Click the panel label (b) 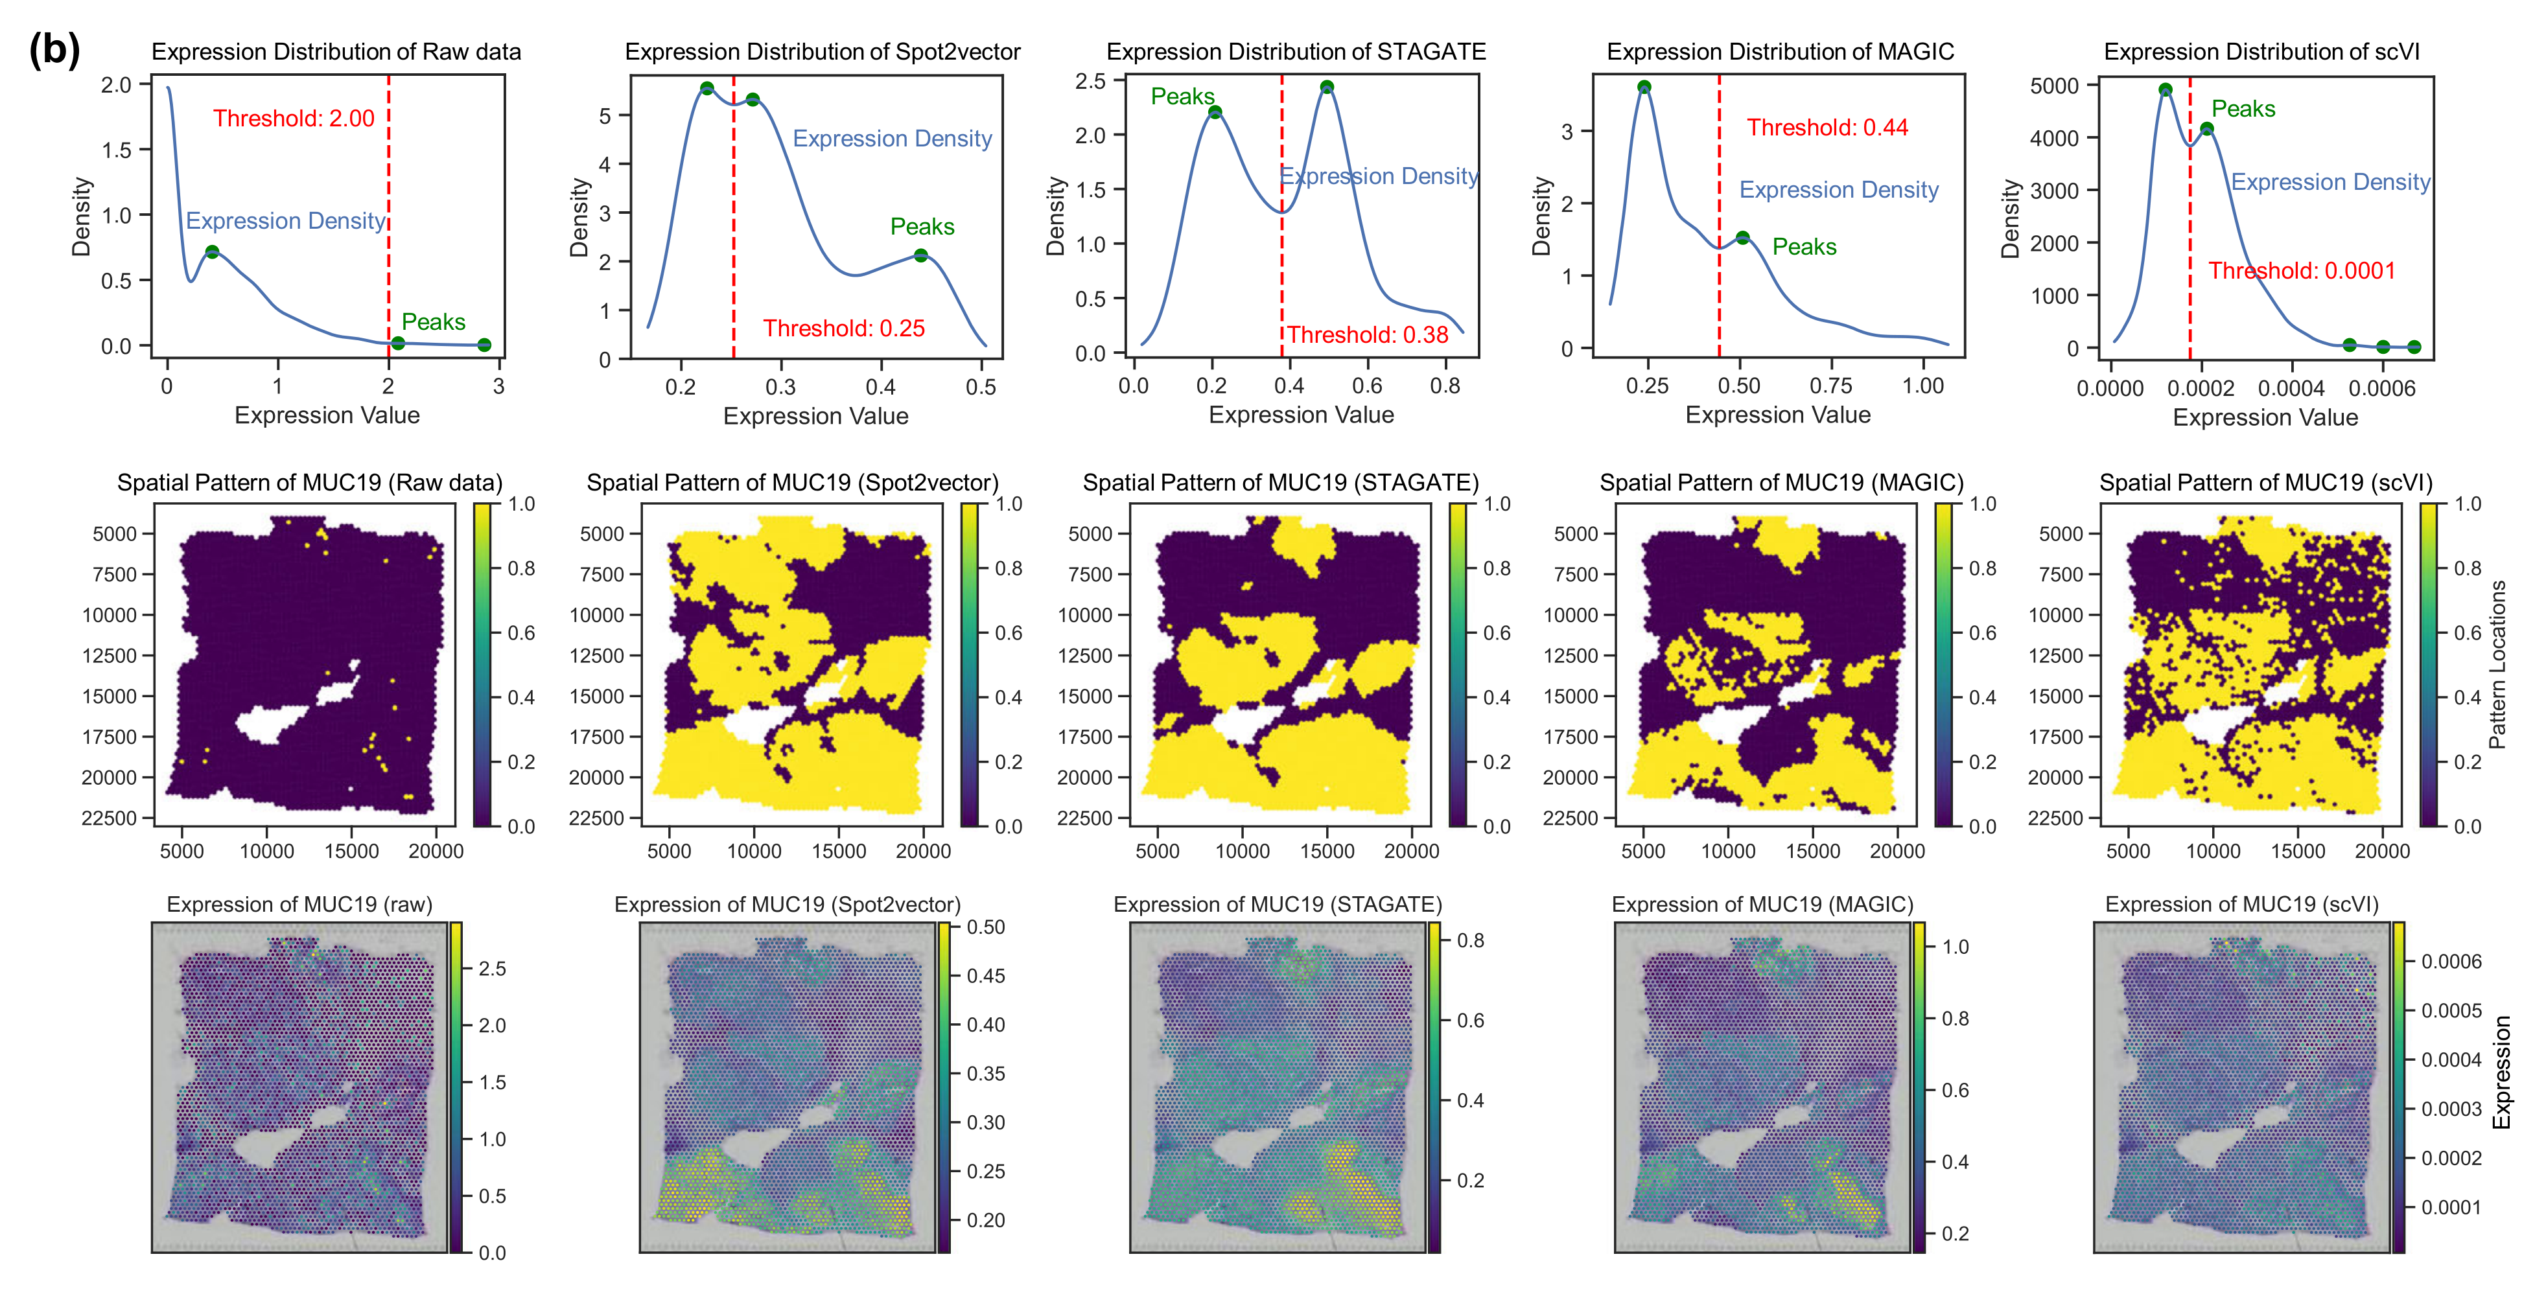54,49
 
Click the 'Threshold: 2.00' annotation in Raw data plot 294,119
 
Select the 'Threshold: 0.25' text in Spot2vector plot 843,328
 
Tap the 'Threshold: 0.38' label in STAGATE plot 1367,335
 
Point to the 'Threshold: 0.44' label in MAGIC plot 1827,128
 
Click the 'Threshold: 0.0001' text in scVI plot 2301,271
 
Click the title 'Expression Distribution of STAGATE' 1295,51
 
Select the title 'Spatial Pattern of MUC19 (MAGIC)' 1781,482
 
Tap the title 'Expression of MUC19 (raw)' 299,904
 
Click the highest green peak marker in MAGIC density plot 1644,87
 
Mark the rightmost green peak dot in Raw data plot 484,345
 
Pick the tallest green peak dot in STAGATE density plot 1326,87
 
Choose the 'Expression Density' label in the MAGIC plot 1838,190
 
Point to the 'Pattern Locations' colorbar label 2497,664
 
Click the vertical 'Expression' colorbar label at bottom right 2501,1072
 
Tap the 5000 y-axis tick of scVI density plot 2054,86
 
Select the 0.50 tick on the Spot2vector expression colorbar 985,927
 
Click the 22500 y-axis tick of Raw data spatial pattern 109,818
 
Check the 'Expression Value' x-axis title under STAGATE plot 1301,415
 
